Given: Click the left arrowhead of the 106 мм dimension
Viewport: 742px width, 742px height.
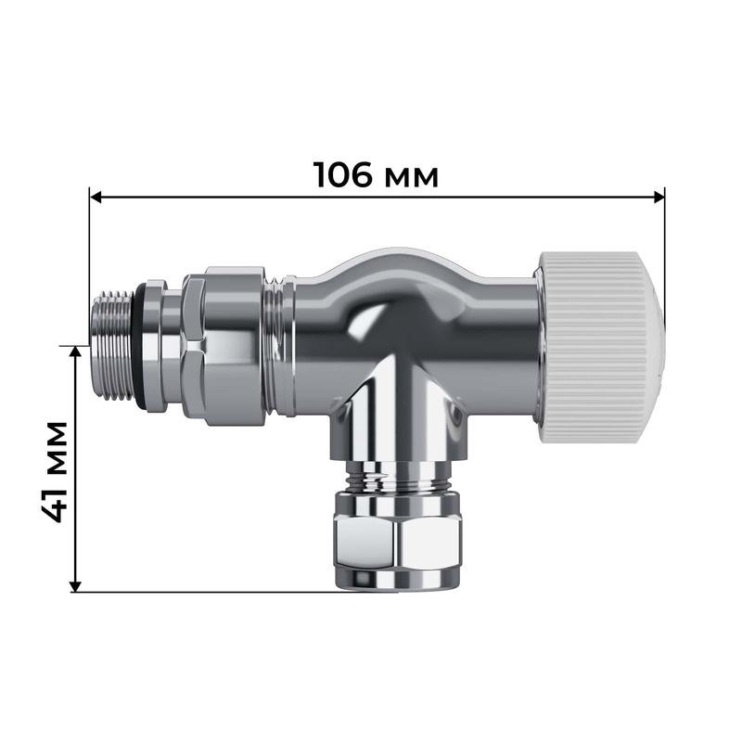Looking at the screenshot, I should pos(96,197).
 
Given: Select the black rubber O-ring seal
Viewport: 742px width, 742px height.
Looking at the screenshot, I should pos(140,345).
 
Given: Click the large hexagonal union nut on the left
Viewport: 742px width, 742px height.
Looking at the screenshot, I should pos(223,345).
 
